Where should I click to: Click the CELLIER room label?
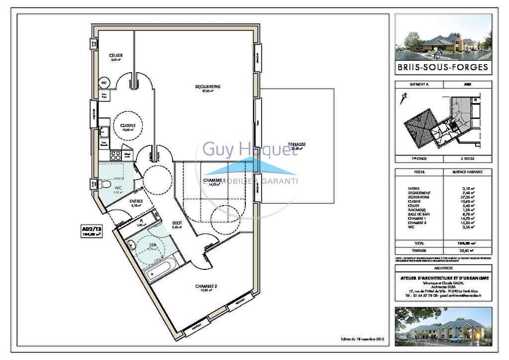click(116, 55)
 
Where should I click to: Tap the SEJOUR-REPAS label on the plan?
click(207, 87)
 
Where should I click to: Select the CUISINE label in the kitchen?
click(128, 125)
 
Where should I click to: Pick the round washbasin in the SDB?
click(131, 244)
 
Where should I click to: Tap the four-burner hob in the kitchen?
click(114, 155)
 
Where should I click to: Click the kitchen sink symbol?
click(104, 132)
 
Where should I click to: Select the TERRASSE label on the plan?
click(297, 144)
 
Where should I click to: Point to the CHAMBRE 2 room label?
click(204, 286)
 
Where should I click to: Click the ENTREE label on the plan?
click(136, 201)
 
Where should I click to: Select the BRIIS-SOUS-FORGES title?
click(443, 67)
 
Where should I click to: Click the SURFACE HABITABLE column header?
click(467, 172)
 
